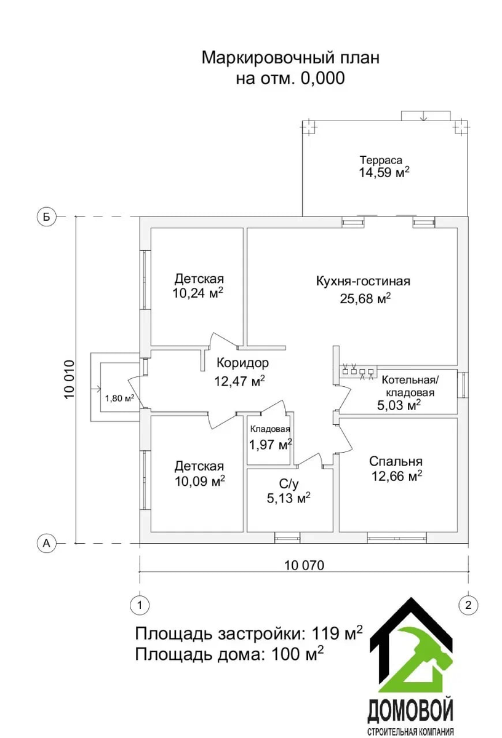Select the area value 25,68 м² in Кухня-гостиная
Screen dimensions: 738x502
[365, 299]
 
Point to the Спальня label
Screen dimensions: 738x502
[396, 461]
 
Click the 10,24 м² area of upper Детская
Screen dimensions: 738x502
[198, 293]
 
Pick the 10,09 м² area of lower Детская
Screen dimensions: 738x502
[199, 480]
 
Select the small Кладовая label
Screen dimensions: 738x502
[269, 430]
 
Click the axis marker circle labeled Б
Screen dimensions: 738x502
[46, 216]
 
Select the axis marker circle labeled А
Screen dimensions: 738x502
[46, 543]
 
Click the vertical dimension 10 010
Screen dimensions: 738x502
[69, 379]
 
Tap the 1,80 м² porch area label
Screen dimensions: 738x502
[119, 398]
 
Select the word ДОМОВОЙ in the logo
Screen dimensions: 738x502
[410, 711]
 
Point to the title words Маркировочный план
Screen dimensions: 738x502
[290, 58]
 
